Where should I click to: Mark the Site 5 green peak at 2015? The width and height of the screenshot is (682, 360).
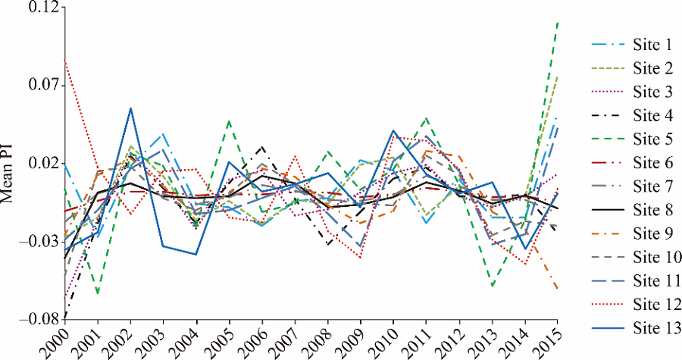tap(558, 23)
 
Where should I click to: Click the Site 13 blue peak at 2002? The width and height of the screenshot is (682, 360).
tap(131, 108)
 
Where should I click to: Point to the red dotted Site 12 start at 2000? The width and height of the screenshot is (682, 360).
tap(65, 60)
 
